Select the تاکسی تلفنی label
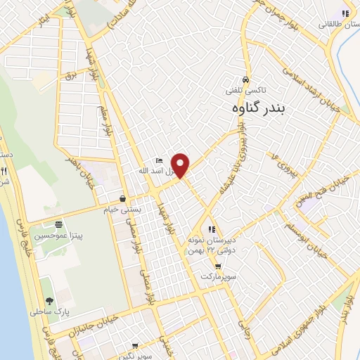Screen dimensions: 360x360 point(244,90)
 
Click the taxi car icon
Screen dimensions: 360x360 point(244,79)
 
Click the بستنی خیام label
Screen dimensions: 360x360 point(123,210)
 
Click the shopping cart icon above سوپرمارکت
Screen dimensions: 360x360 point(218,266)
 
